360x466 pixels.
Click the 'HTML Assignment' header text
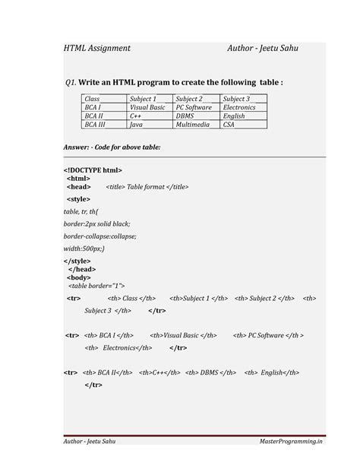[96, 48]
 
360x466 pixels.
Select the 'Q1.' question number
[72, 82]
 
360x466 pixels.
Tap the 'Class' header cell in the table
[93, 99]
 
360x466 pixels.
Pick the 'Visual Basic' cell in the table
[147, 107]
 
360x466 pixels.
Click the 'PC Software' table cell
[194, 107]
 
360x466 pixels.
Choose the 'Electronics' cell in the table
[239, 107]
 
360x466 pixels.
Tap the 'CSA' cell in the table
[229, 124]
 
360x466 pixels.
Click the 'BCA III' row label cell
[95, 124]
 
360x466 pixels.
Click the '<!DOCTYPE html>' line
[93, 170]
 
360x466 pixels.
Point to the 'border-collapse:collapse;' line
[100, 236]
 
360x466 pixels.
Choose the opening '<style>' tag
[78, 198]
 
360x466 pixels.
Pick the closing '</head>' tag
[82, 269]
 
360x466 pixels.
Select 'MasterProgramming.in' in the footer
[291, 441]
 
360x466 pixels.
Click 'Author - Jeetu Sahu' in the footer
[90, 441]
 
